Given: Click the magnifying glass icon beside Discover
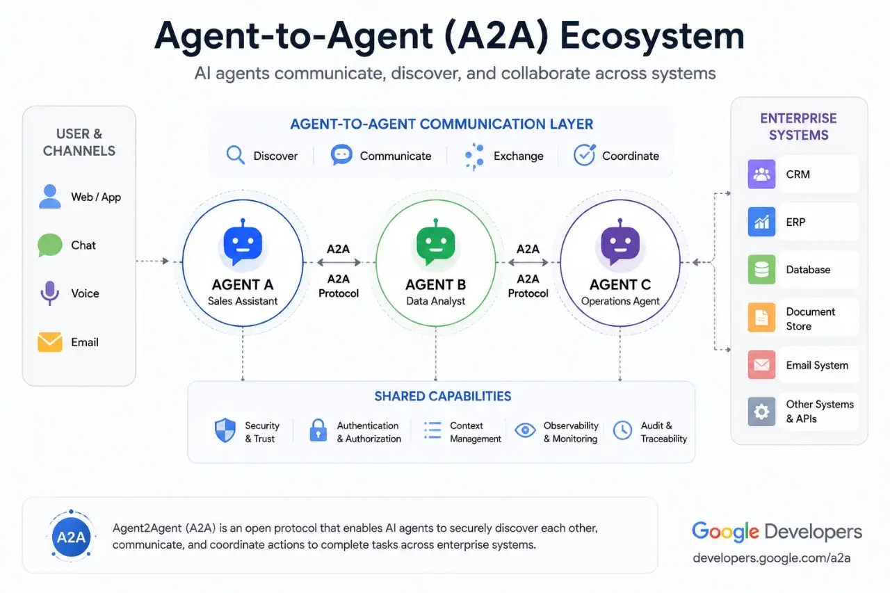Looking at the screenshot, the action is (235, 155).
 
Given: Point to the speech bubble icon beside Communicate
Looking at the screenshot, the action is (341, 154).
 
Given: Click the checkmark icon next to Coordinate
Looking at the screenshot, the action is (585, 154).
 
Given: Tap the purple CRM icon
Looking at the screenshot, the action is (761, 174).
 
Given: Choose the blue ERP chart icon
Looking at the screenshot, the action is (761, 222).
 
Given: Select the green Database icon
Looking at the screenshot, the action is (761, 269).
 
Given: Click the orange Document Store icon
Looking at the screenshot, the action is (761, 317).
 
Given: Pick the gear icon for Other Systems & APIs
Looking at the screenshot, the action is (761, 412).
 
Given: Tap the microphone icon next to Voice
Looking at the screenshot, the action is (49, 293).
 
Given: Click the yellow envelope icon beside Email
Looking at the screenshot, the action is (50, 342).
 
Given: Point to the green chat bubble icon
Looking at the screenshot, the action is (50, 245).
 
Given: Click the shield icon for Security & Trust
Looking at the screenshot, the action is (225, 430).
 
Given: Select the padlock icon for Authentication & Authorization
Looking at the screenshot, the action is (318, 430).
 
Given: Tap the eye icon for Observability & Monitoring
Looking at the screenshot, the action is (525, 430).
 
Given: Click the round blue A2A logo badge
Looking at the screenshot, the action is (71, 537).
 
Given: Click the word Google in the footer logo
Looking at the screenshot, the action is (725, 532).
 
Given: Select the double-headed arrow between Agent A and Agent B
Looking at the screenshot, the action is (339, 262).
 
